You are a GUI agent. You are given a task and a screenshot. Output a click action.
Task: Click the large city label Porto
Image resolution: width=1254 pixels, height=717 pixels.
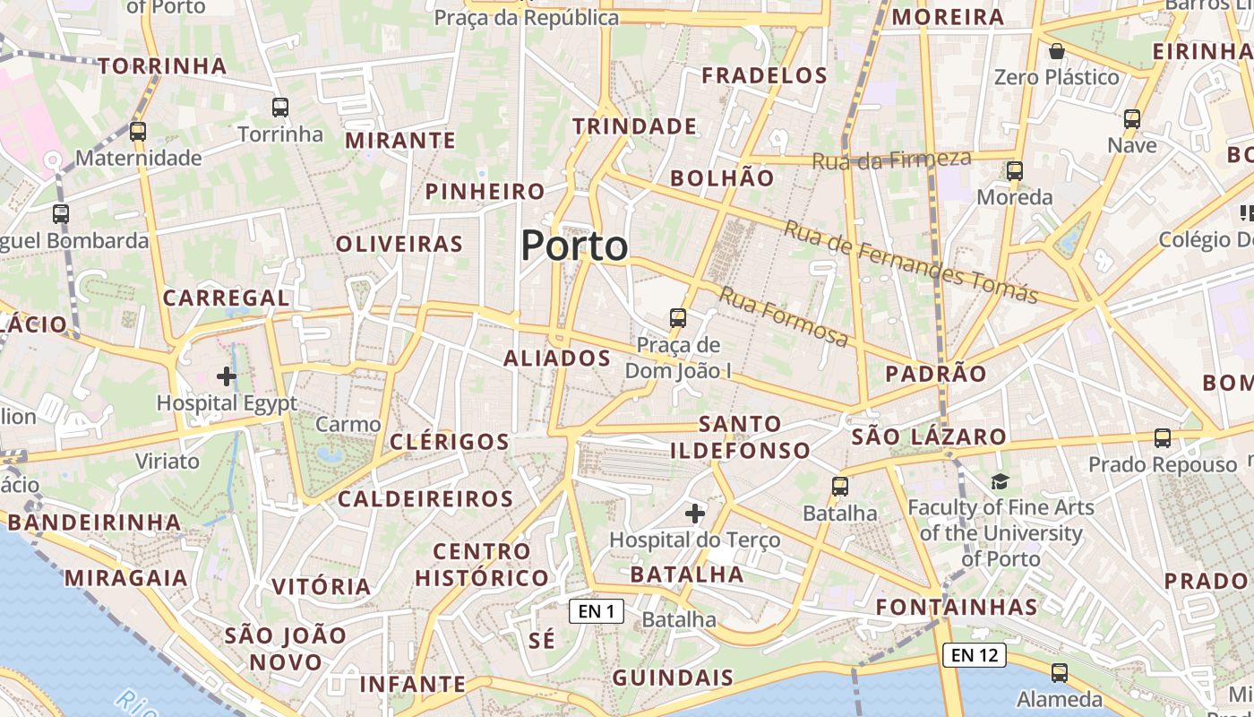click(x=574, y=246)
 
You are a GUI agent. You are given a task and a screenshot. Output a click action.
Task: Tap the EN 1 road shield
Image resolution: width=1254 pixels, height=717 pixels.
click(x=596, y=611)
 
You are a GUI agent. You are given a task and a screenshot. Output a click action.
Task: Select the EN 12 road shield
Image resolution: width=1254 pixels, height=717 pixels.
click(x=974, y=655)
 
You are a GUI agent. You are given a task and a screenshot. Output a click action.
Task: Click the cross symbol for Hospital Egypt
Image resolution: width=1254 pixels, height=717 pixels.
click(x=227, y=376)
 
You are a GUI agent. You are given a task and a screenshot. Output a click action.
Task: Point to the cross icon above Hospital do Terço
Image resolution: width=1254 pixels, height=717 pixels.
click(x=694, y=514)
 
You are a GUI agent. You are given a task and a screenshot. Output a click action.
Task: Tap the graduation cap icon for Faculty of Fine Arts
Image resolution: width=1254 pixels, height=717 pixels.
click(x=1000, y=482)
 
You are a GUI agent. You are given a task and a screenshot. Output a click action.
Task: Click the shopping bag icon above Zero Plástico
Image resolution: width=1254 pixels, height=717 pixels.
click(x=1057, y=51)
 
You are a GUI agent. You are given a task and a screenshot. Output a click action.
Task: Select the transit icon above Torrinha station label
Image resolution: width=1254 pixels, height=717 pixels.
click(x=280, y=108)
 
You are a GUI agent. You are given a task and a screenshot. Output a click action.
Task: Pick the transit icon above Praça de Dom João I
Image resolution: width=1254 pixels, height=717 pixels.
click(x=678, y=318)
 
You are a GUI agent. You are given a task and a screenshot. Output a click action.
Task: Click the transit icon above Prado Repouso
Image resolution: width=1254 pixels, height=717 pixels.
click(x=1162, y=438)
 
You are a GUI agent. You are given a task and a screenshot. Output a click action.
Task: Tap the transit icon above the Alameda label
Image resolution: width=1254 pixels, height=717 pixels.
click(x=1060, y=673)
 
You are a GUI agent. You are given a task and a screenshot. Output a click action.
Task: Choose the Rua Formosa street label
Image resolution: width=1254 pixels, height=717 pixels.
click(x=784, y=316)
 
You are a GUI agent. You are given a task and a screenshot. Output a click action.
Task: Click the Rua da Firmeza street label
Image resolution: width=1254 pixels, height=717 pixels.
click(x=891, y=160)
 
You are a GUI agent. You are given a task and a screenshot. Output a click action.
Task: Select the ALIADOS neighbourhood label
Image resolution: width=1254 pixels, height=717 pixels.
click(x=557, y=358)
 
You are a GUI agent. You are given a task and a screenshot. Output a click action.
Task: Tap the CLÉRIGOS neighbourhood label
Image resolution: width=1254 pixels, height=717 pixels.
click(x=450, y=442)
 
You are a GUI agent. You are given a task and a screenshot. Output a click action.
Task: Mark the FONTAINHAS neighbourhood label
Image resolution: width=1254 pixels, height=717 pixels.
click(x=957, y=608)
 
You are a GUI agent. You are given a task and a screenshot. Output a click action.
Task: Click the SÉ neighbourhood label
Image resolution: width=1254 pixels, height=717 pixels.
click(x=542, y=641)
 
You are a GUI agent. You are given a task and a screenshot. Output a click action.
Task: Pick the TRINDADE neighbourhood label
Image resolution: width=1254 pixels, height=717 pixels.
click(x=635, y=126)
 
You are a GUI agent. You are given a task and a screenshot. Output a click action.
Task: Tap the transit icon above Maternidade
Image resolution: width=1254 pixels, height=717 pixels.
click(x=137, y=132)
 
